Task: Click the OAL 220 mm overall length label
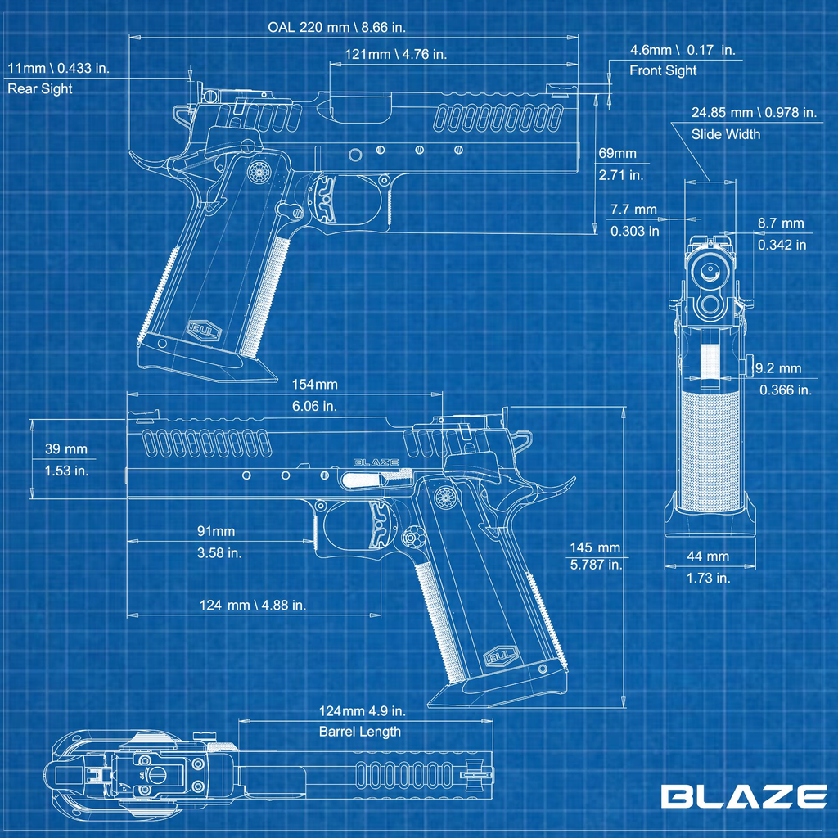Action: click(x=336, y=27)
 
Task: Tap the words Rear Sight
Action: click(x=40, y=88)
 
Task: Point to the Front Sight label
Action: click(x=663, y=70)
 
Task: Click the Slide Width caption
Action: click(x=725, y=134)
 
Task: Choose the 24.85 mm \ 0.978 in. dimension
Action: click(x=753, y=113)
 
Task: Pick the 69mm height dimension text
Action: click(x=617, y=154)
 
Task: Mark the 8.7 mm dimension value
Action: click(x=781, y=223)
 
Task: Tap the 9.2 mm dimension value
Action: click(x=778, y=369)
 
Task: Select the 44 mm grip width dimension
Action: click(x=707, y=556)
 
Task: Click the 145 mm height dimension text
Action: click(x=596, y=547)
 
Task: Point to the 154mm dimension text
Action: click(x=314, y=385)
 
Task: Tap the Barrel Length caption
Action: click(x=360, y=732)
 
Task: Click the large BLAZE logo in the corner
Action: click(x=743, y=796)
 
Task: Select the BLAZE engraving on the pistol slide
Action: click(x=376, y=462)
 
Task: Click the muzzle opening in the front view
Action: click(x=708, y=270)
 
